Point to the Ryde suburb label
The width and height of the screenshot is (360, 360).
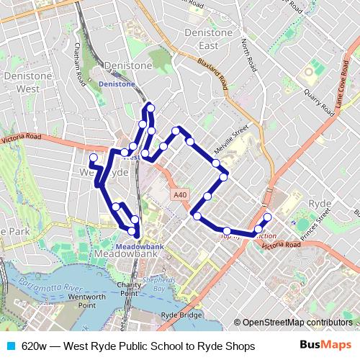click(x=320, y=204)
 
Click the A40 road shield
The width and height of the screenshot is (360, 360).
click(x=180, y=194)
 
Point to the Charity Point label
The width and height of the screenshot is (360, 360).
click(x=129, y=289)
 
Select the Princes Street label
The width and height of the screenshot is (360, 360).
click(x=315, y=220)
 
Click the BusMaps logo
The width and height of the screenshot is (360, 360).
click(x=325, y=346)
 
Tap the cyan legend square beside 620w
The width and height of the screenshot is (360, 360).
click(x=10, y=346)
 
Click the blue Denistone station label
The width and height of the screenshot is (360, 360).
click(x=116, y=84)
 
